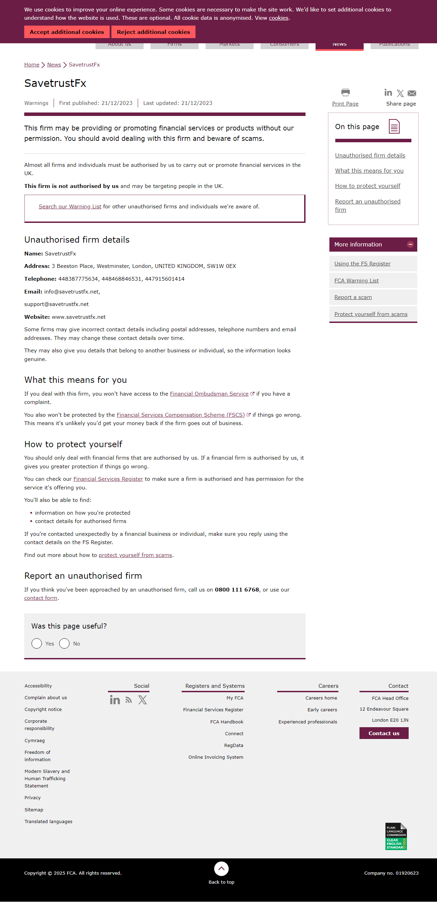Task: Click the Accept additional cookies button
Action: tap(66, 32)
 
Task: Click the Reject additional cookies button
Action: tap(153, 32)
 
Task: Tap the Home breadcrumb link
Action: tap(31, 65)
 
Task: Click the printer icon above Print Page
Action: tap(345, 92)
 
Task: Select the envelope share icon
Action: tap(412, 93)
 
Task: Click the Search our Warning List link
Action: tap(70, 207)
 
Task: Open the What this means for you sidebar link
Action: tap(369, 171)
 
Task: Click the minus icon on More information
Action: tap(410, 244)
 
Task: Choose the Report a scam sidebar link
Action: tap(353, 297)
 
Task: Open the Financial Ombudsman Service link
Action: tap(209, 394)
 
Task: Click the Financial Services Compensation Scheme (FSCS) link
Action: tap(180, 415)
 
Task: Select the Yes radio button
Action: tap(37, 643)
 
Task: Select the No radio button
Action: tap(64, 643)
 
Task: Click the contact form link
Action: tap(40, 598)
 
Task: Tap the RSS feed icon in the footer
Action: tap(129, 700)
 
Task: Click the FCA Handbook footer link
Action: tap(227, 722)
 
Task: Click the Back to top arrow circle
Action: tap(221, 868)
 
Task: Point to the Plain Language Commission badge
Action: tap(396, 837)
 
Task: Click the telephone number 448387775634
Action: tap(78, 279)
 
